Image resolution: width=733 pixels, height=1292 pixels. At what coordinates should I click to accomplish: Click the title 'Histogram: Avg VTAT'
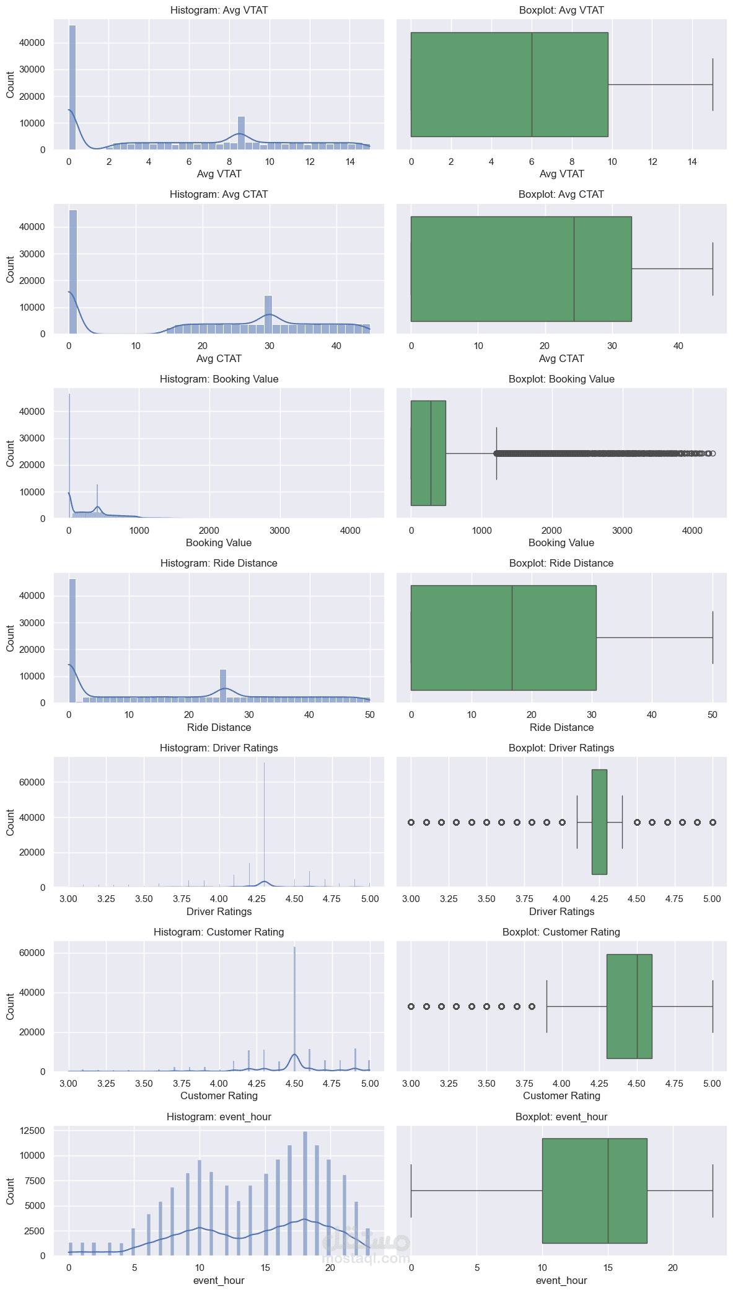coord(219,11)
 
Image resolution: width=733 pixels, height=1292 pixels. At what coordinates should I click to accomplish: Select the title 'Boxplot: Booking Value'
coord(561,379)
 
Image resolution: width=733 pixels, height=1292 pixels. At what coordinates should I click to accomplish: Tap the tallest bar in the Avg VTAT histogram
coord(72,87)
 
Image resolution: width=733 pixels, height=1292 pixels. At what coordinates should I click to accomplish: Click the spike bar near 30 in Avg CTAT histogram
coord(268,315)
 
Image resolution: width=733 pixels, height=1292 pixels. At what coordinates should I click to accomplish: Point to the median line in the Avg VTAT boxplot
coord(532,84)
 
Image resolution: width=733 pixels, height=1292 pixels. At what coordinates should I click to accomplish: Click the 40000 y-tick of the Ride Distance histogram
coord(33,596)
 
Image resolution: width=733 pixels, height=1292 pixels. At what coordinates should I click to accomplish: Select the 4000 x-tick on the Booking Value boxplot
coord(692,531)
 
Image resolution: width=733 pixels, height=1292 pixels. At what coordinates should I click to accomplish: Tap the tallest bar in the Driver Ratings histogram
coord(265,825)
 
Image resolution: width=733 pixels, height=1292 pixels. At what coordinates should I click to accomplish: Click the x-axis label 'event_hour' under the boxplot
coord(561,1281)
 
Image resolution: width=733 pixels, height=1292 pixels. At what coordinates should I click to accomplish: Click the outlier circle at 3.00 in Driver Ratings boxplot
coord(411,822)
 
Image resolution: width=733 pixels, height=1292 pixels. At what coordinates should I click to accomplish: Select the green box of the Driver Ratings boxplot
coord(599,822)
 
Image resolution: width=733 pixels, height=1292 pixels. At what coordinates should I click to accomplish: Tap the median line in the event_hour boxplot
coord(608,1190)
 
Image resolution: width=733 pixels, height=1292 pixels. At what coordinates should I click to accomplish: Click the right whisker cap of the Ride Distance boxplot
coord(713,637)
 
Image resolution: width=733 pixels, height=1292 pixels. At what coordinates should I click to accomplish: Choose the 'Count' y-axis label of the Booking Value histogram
coord(11,454)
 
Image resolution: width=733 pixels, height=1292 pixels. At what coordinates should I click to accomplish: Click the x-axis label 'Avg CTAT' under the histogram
coord(219,359)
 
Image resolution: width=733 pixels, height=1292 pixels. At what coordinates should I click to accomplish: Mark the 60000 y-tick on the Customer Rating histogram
coord(33,953)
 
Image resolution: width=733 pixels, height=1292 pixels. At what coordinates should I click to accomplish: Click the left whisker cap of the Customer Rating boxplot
coord(546,1006)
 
